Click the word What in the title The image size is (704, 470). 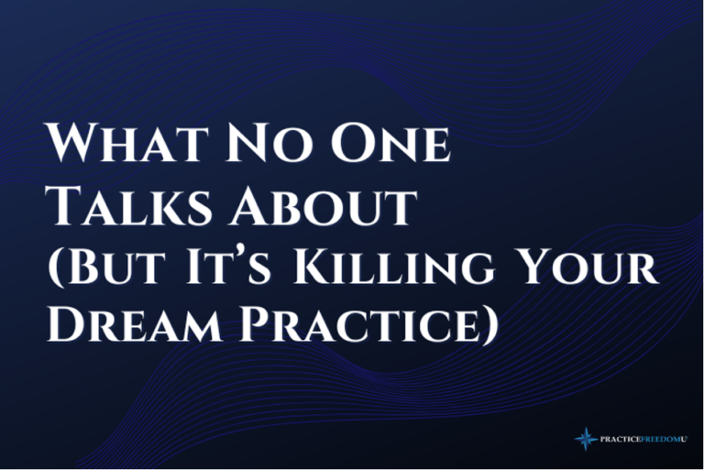coord(126,143)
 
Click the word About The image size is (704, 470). coord(323,205)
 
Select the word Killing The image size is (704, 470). coord(394,268)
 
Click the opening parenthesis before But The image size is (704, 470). coord(56,268)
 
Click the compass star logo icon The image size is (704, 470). coord(586,439)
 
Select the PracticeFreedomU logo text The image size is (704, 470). coord(643,439)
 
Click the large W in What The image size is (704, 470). coord(71,143)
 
